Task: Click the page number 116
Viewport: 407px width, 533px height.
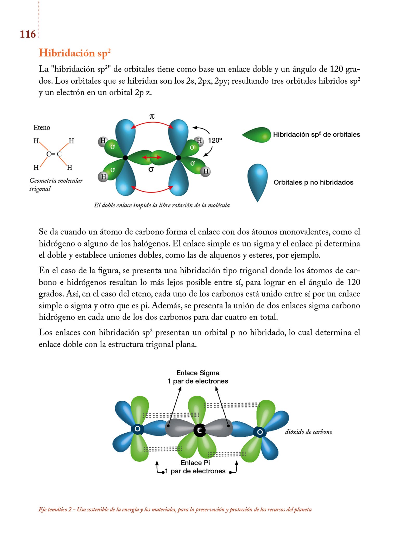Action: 28,34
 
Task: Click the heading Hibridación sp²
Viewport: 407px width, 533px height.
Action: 75,53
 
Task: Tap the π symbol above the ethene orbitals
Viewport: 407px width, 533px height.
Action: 152,116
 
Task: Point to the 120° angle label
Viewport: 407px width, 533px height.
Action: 215,141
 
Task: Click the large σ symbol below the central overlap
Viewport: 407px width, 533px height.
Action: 151,169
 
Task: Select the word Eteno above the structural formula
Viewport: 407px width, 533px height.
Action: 42,128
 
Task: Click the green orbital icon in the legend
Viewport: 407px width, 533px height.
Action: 257,135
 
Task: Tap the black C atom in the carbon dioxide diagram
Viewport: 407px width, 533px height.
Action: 199,430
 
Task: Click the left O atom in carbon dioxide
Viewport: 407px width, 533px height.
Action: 137,429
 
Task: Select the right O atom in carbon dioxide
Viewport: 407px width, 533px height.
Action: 260,432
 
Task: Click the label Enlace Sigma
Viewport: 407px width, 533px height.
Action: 198,373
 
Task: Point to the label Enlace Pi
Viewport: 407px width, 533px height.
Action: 195,463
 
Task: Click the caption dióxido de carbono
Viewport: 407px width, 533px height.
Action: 309,432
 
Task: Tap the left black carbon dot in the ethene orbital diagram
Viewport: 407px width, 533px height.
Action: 125,158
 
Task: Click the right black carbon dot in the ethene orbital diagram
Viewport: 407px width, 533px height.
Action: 179,158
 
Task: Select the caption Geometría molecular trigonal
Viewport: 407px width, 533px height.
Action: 56,185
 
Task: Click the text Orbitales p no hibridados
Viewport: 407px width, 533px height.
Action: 313,182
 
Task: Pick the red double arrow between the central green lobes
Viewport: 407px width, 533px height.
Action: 151,157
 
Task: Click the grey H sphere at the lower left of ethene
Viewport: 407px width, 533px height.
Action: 103,177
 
